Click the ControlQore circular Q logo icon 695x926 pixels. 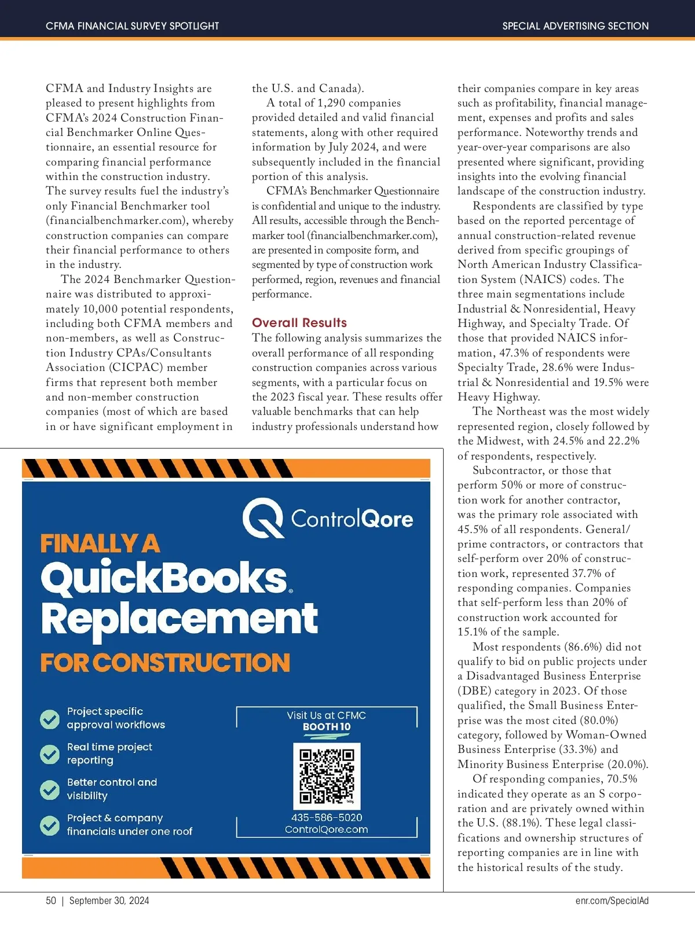coord(262,519)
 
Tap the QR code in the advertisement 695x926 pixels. coord(327,776)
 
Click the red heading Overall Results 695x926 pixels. coord(299,323)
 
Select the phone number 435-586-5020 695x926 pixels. coord(327,817)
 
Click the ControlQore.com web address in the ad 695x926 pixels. coord(327,829)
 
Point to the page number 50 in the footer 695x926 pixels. coord(51,901)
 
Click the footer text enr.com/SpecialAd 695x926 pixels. coord(612,901)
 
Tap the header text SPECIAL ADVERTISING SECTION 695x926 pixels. coord(575,26)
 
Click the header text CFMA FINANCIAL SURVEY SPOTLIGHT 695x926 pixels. coord(133,26)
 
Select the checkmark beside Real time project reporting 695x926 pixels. coord(50,754)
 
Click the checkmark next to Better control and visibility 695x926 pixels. coord(50,789)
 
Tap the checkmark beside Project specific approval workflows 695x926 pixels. coord(50,719)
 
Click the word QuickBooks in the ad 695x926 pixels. coord(164,578)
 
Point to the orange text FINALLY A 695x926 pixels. coord(100,544)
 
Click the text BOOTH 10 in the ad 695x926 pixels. coord(327,727)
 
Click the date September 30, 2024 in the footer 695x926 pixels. coord(109,901)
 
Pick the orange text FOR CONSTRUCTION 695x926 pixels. coord(165,663)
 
